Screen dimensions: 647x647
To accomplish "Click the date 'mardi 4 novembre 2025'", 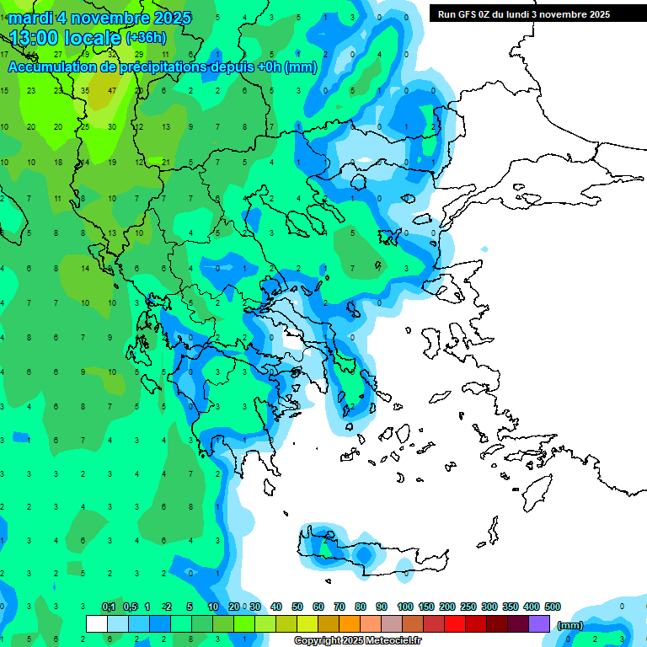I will click(99, 18).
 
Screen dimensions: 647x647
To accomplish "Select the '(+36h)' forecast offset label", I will click(146, 38).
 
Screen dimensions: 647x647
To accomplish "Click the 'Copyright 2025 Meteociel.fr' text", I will click(357, 640).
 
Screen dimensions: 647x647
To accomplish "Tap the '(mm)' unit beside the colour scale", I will click(569, 625).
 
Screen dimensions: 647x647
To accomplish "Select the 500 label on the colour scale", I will click(552, 607).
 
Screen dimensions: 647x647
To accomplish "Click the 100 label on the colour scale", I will click(404, 607).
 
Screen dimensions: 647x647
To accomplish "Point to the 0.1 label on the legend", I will click(109, 607).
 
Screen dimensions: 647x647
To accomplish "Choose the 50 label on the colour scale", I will click(297, 607).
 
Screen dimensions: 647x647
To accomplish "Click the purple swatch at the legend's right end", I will click(539, 624).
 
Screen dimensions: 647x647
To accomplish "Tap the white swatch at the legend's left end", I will click(97, 624).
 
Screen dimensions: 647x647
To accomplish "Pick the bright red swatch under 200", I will click(455, 624).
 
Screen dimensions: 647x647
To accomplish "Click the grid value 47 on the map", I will click(111, 90).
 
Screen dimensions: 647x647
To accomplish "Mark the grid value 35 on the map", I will click(84, 90).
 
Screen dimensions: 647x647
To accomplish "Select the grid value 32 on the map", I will click(111, 54).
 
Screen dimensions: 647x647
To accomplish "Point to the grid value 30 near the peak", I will click(111, 126).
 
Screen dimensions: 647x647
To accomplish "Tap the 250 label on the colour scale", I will click(468, 607).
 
